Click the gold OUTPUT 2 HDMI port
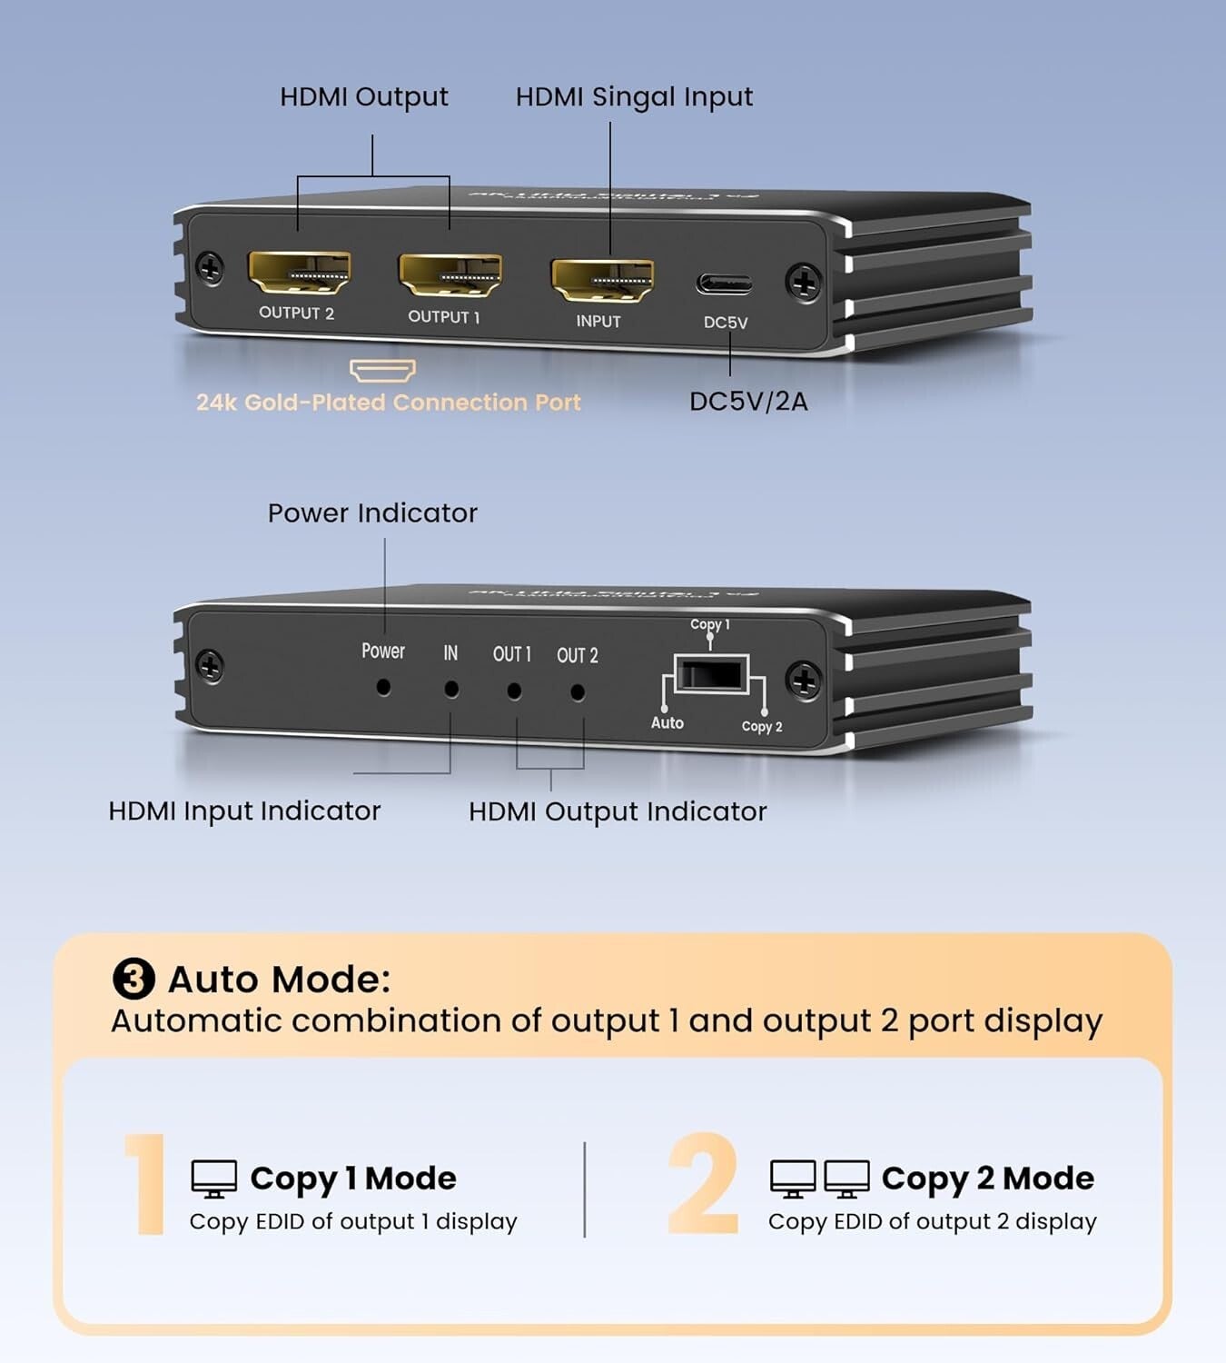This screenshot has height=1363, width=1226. point(299,273)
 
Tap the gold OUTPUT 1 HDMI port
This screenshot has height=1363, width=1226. point(450,275)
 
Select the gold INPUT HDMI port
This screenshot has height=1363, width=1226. point(601,280)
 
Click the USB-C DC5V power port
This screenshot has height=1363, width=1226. point(724,284)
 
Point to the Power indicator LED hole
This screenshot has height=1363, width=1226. point(383,688)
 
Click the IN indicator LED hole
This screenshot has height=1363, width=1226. point(451,690)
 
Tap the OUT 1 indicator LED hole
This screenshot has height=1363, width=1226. point(514,691)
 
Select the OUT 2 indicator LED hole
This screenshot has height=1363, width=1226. point(578,692)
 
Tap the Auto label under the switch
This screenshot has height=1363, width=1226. point(667,723)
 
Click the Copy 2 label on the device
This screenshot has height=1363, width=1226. point(761,727)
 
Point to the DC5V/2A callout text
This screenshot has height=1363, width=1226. point(748,402)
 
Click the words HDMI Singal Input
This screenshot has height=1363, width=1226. point(634,97)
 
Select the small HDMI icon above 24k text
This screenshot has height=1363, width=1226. point(382,370)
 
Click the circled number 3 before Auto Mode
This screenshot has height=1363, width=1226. point(133,980)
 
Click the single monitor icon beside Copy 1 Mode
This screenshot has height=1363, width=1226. point(214,1179)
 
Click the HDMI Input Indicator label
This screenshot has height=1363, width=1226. point(244,811)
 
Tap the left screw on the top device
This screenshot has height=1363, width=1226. point(210,268)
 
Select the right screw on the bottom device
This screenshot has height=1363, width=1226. point(804,681)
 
